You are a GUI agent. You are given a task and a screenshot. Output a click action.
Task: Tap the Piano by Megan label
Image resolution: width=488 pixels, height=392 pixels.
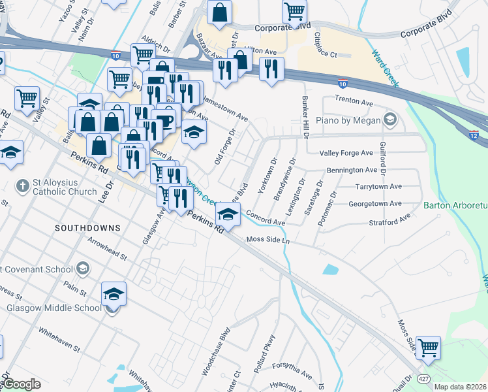[x=357, y=119]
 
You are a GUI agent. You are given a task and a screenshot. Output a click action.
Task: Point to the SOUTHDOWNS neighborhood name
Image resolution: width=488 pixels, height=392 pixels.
[x=87, y=228]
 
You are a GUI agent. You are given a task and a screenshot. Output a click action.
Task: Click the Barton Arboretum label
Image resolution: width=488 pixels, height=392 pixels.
[x=455, y=206]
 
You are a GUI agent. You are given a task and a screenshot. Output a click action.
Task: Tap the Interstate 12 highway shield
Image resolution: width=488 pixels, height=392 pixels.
[x=474, y=135]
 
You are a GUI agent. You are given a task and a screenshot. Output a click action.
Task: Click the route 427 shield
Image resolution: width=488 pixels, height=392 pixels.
[x=423, y=379]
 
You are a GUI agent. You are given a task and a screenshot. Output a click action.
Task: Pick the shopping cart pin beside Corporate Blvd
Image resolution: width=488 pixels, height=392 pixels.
[x=294, y=11]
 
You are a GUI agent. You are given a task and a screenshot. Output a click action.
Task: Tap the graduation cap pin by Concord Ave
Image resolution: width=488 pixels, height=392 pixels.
[x=227, y=213]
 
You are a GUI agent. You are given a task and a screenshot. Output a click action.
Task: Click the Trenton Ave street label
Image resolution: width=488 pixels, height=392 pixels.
[x=353, y=101]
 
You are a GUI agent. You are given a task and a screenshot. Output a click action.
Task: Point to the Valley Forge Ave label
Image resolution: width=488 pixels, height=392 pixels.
[x=346, y=154]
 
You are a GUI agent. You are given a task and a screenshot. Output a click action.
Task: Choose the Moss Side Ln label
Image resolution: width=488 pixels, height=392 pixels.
[x=267, y=240]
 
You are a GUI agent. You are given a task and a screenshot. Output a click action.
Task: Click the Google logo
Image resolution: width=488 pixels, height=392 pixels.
[x=22, y=384]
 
